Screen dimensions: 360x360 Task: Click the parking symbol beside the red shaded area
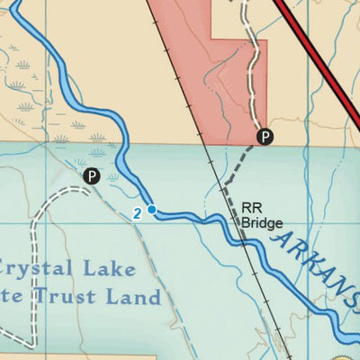click(x=264, y=137)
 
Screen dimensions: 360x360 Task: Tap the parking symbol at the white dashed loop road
click(x=91, y=176)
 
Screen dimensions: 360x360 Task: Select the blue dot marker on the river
click(x=152, y=210)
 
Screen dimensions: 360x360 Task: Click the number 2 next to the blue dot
click(x=137, y=213)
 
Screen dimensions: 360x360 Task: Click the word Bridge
click(x=262, y=222)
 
